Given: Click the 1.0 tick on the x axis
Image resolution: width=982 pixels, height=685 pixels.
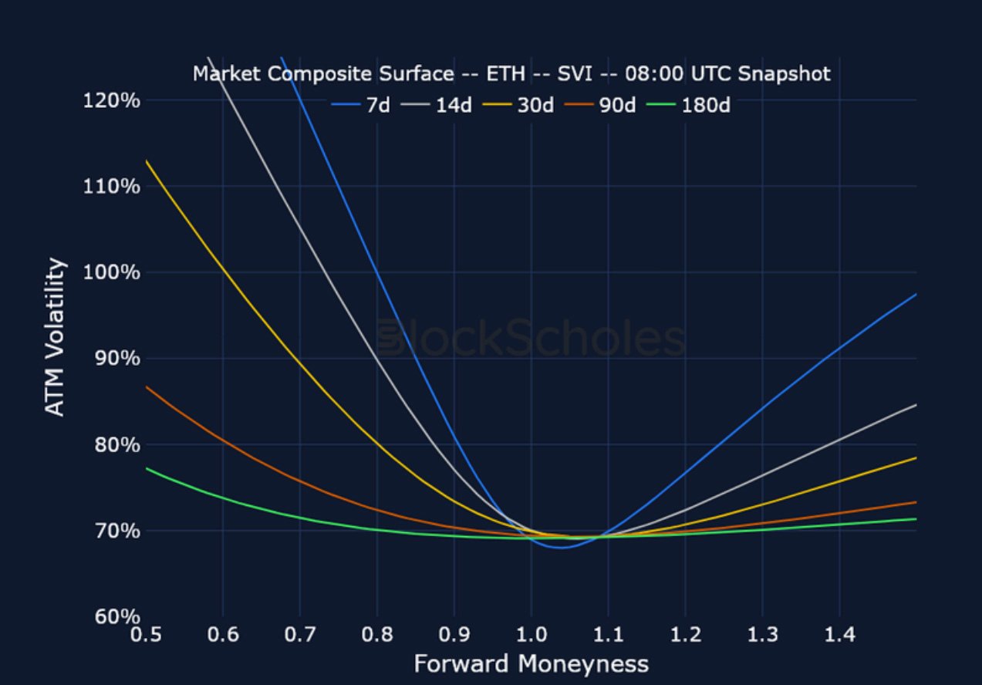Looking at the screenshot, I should coord(531,635).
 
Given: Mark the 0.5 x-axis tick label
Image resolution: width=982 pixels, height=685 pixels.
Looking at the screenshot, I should coord(146,635).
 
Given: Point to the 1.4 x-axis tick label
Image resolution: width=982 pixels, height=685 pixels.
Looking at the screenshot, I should coord(839,635).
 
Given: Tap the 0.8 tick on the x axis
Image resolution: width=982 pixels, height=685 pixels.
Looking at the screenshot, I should coord(376,635).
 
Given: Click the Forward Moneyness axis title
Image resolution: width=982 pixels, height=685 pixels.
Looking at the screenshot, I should coord(531,663).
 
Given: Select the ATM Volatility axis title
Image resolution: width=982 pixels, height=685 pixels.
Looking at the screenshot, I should coord(55,338).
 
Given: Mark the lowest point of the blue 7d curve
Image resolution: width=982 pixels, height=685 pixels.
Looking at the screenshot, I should coord(561,548).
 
